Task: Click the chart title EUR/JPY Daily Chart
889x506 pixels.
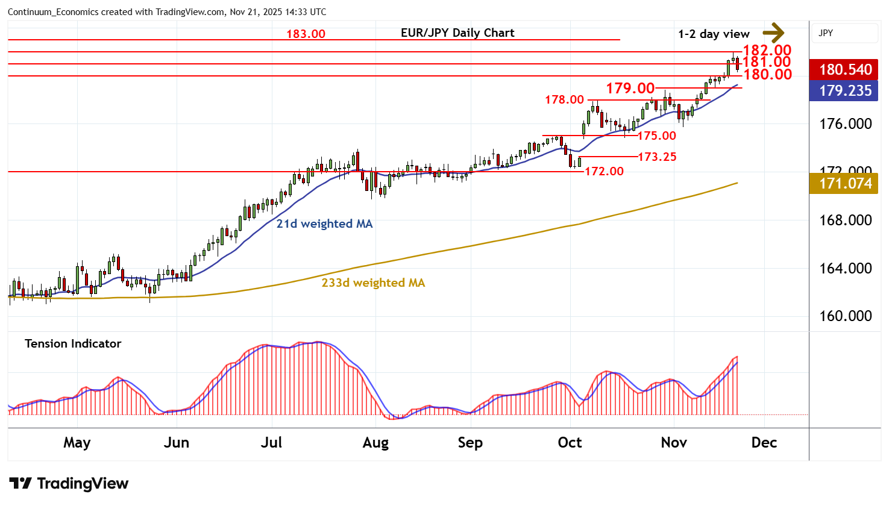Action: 457,33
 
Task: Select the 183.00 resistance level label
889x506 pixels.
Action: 306,34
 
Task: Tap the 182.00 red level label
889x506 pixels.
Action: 767,51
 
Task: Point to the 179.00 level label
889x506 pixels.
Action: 630,89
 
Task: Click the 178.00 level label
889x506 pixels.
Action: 564,99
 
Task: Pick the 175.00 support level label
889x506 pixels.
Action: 656,136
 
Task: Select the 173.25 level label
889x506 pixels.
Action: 657,157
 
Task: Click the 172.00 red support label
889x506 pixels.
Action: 604,172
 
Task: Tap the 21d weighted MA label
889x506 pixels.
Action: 324,224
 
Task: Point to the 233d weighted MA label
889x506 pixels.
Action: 373,283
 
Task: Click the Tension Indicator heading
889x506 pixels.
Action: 73,344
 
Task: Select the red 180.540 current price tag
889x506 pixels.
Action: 844,69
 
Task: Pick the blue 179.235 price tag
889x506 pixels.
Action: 844,91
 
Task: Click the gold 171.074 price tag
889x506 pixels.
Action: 844,183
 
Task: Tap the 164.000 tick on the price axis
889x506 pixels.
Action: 845,268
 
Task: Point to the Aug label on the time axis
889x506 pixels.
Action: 375,443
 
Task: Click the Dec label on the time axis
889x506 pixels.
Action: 764,443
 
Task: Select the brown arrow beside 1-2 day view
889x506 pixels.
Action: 773,33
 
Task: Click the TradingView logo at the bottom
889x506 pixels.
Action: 69,484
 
